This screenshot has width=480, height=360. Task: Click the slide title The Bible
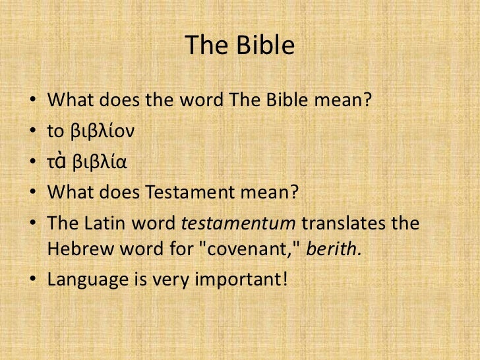click(x=239, y=45)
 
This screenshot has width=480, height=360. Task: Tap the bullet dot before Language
click(x=32, y=280)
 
